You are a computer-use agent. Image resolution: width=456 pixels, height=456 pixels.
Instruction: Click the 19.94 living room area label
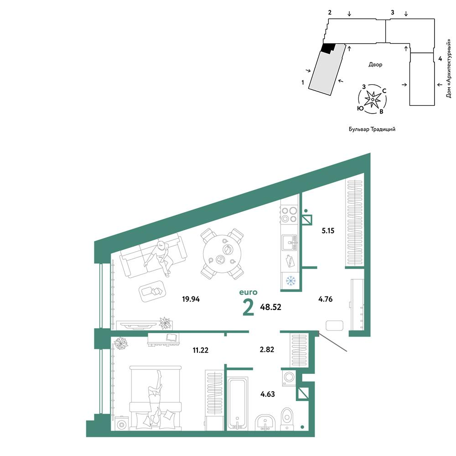click(x=191, y=299)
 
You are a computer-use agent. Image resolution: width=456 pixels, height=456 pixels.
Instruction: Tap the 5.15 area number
click(x=328, y=231)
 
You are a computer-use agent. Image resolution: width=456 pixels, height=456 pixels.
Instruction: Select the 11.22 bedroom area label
click(x=200, y=350)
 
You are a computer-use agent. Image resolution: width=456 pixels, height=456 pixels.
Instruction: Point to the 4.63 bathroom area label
click(x=268, y=394)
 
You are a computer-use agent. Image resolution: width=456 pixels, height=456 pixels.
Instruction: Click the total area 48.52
click(x=270, y=307)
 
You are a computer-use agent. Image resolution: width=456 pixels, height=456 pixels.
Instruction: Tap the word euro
click(x=248, y=292)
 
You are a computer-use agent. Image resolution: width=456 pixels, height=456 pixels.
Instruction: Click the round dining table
click(x=223, y=254)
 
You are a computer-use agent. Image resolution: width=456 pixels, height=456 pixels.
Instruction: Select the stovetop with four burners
click(x=289, y=215)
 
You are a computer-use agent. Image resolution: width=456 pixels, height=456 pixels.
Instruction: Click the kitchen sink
click(x=290, y=242)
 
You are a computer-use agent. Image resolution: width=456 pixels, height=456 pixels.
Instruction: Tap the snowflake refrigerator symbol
click(x=290, y=280)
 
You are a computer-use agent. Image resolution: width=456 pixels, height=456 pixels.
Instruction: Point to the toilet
click(x=287, y=419)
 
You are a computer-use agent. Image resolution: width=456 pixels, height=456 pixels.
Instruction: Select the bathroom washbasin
click(x=265, y=422)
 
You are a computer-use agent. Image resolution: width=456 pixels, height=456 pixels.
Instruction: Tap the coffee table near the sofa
click(x=153, y=291)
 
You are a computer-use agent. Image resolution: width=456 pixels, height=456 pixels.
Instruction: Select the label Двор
click(x=375, y=65)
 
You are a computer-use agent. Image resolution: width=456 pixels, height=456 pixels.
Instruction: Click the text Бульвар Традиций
click(x=372, y=129)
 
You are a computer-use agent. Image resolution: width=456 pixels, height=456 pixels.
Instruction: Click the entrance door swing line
click(x=333, y=342)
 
